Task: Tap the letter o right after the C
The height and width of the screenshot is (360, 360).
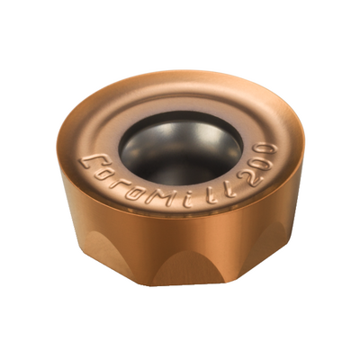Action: pyautogui.click(x=103, y=175)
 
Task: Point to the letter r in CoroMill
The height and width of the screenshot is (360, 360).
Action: pyautogui.click(x=116, y=183)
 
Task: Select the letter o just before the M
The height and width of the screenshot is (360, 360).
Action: pyautogui.click(x=132, y=191)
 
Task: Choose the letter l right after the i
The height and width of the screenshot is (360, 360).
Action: pyautogui.click(x=211, y=196)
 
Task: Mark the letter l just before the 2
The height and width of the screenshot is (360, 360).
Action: pyautogui.click(x=229, y=190)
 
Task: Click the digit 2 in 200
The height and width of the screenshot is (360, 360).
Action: pyautogui.click(x=249, y=178)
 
